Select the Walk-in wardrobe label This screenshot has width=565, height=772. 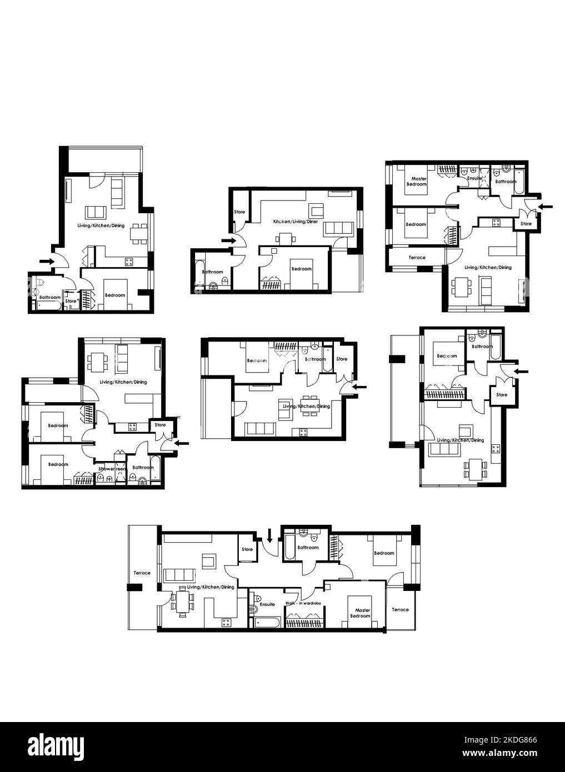click(x=303, y=603)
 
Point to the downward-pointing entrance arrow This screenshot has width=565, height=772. click(x=269, y=535)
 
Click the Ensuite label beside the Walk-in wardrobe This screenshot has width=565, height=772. click(x=267, y=604)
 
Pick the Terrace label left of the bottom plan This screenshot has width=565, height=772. click(x=142, y=573)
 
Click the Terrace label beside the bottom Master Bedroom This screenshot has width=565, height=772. click(x=400, y=609)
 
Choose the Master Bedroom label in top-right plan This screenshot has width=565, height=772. click(x=417, y=181)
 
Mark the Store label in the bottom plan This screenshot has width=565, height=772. click(x=247, y=549)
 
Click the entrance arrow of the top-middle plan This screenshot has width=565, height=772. click(x=228, y=240)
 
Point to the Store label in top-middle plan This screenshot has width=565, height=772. click(x=239, y=212)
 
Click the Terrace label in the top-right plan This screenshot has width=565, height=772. click(x=417, y=258)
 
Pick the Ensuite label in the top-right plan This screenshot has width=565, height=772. click(x=475, y=178)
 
